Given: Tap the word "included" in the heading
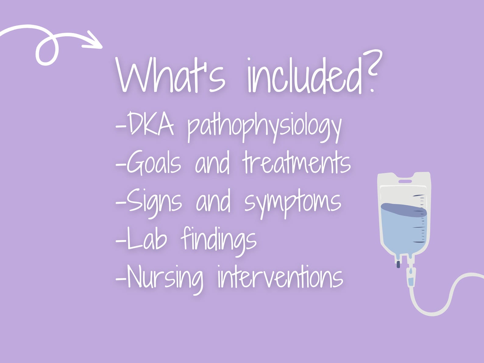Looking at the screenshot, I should coord(305,76).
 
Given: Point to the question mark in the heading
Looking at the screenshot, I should coord(374,72).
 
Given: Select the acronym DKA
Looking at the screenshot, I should coord(150,124).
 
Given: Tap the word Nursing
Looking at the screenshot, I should coord(165,277).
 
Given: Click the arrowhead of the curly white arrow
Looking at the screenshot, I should coord(94,41).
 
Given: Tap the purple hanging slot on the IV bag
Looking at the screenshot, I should coord(405,181).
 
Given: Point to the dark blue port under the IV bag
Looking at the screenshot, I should coord(398,264).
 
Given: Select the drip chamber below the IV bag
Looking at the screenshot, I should coord(411,279).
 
